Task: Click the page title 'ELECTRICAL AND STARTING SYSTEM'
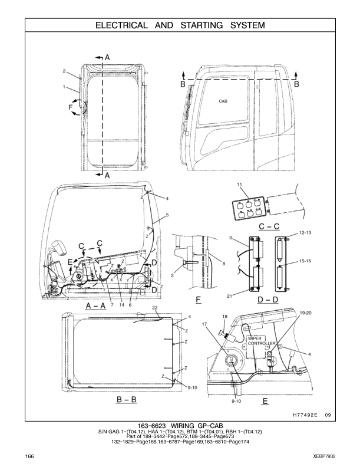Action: coord(180,25)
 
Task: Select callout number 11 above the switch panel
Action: coord(240,185)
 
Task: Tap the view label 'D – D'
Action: coord(269,300)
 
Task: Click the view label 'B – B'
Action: coord(127,399)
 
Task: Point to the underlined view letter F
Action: coord(199,300)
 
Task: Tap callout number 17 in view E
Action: coord(204,324)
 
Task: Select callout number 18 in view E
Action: coord(224,317)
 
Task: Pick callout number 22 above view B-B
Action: coord(154,308)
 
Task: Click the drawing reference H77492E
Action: coord(305,415)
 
